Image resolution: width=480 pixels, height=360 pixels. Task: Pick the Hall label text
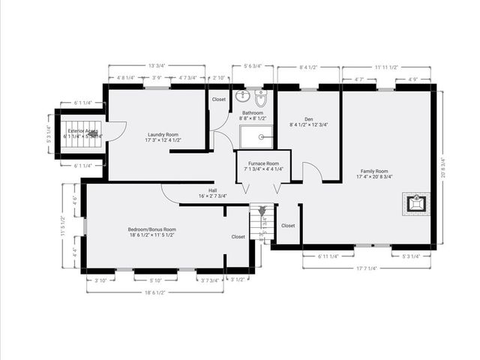213,193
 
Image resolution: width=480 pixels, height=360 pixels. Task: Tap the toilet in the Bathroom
260,98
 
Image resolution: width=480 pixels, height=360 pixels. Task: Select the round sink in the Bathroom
241,97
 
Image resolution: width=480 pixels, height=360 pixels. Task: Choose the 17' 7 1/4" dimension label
367,268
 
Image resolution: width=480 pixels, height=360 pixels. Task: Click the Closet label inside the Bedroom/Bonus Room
238,237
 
